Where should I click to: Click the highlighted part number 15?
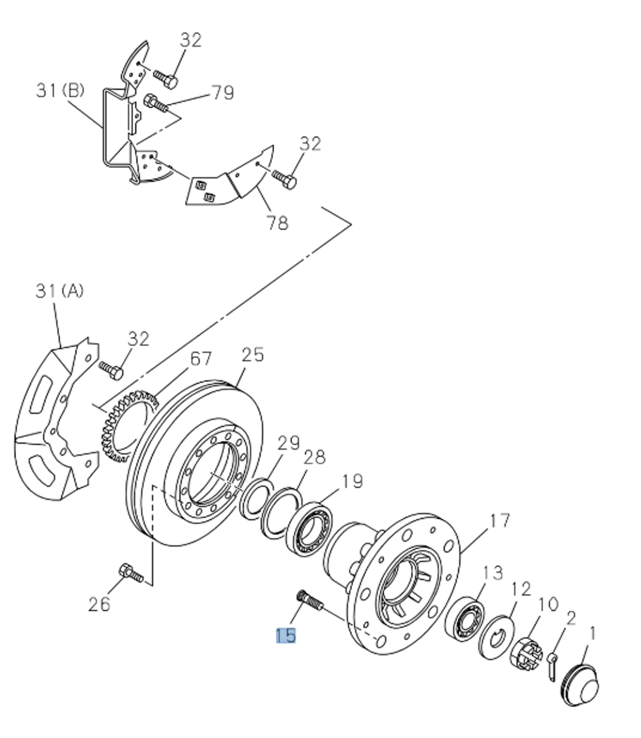pyautogui.click(x=286, y=635)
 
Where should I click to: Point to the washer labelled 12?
pyautogui.click(x=496, y=636)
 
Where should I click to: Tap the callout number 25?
pyautogui.click(x=252, y=355)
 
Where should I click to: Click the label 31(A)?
pyautogui.click(x=59, y=291)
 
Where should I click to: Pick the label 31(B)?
pyautogui.click(x=60, y=91)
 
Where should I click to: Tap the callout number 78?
pyautogui.click(x=277, y=223)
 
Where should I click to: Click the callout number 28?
pyautogui.click(x=315, y=458)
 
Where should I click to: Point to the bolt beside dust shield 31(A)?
pyautogui.click(x=111, y=370)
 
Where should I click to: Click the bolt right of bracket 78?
pyautogui.click(x=284, y=179)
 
